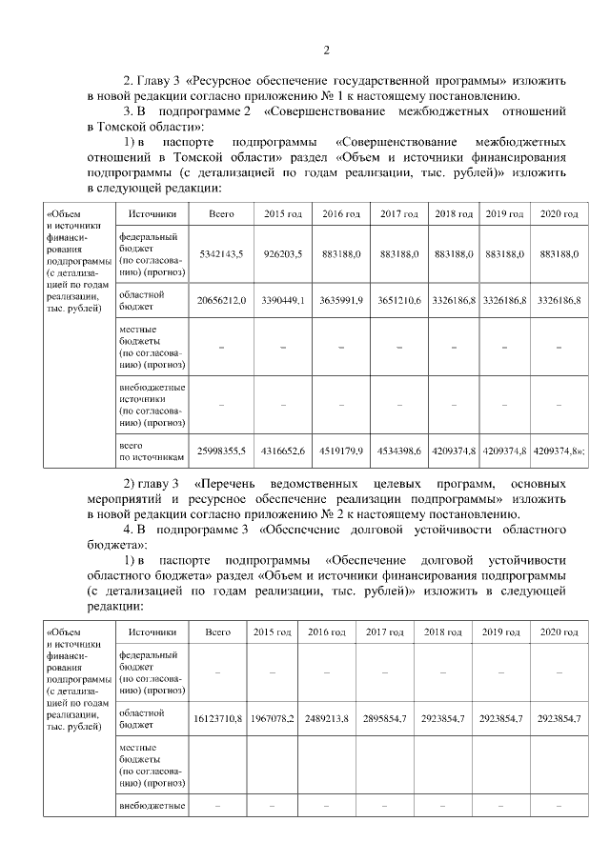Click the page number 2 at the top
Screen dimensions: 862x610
pyautogui.click(x=326, y=50)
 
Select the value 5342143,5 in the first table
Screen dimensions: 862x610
pyautogui.click(x=221, y=254)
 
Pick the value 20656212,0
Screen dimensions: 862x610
pyautogui.click(x=221, y=301)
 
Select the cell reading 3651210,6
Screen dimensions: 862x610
pyautogui.click(x=400, y=301)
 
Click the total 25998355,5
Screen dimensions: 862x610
pyautogui.click(x=221, y=451)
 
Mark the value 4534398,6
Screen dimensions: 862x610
pyautogui.click(x=400, y=451)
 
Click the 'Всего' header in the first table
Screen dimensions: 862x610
pyautogui.click(x=221, y=214)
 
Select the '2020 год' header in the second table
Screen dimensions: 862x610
pyautogui.click(x=559, y=632)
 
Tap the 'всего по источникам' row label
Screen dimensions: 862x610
pyautogui.click(x=150, y=451)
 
